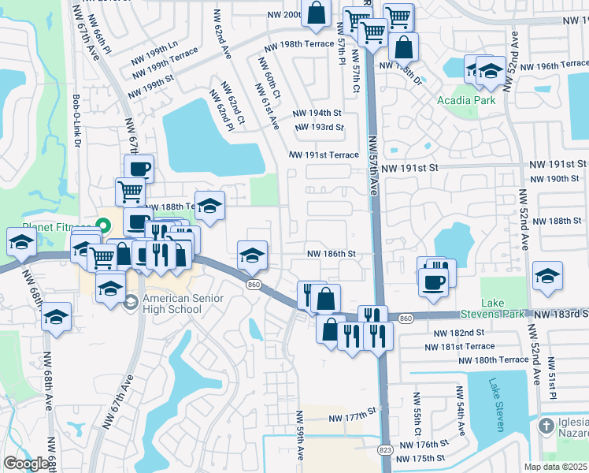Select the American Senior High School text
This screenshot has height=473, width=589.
click(183, 304)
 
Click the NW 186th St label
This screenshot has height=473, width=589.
click(332, 254)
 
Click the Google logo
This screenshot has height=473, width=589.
click(27, 464)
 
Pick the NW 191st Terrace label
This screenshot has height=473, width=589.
click(324, 155)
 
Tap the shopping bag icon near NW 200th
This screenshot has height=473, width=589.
click(316, 13)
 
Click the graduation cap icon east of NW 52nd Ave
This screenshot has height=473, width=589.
click(547, 277)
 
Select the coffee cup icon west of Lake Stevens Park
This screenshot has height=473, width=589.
click(432, 281)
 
